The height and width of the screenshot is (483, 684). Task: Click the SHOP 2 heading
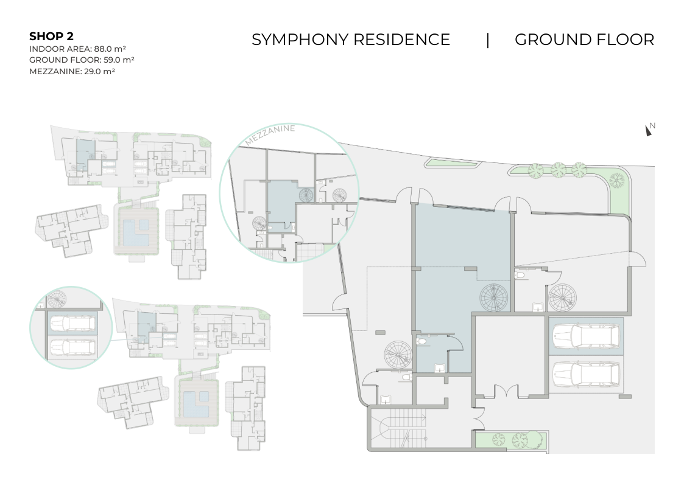[51, 36]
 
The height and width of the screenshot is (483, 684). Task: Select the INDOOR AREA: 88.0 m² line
[77, 49]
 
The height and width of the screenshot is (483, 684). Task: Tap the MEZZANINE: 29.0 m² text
[72, 71]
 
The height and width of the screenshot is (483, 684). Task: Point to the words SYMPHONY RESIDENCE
[351, 40]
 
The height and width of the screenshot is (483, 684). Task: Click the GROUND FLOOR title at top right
[585, 40]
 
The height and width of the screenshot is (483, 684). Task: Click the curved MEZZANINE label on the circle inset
[270, 134]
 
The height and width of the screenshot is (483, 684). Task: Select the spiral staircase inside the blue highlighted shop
[494, 298]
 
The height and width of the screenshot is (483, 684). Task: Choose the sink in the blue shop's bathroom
[439, 369]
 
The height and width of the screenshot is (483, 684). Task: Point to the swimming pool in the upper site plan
[136, 232]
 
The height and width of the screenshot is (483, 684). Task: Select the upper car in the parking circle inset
[72, 324]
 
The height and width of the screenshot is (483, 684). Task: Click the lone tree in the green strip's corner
[616, 180]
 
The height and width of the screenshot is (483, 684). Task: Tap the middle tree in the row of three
[558, 170]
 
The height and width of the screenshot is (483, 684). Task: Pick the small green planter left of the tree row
[453, 163]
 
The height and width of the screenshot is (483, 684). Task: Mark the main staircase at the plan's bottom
[398, 428]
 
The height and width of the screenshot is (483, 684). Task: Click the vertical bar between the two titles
[488, 40]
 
